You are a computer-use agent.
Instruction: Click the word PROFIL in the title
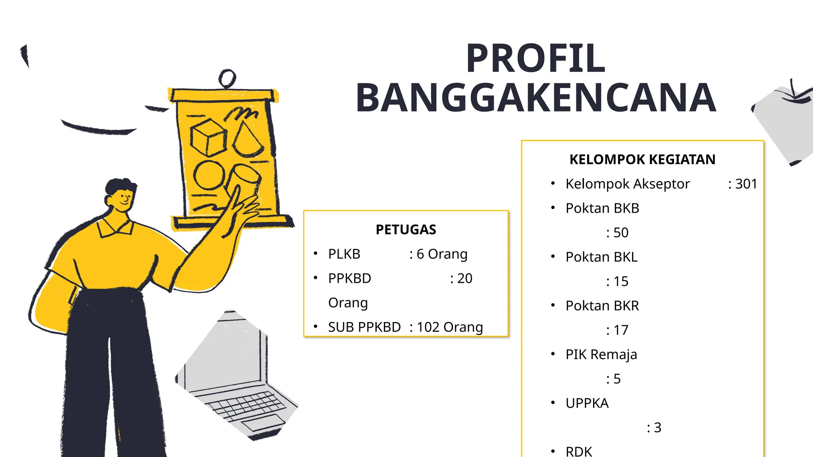(x=536, y=59)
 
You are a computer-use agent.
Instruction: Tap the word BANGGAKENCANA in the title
(x=536, y=98)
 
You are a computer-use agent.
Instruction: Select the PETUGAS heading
(x=406, y=230)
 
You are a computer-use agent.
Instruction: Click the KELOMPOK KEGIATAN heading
(x=642, y=159)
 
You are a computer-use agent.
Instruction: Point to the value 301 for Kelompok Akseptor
(x=746, y=184)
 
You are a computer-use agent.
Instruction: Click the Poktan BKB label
(x=602, y=208)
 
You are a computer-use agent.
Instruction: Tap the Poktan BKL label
(x=601, y=257)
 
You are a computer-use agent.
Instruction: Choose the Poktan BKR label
(x=602, y=306)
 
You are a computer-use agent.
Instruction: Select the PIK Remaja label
(x=601, y=355)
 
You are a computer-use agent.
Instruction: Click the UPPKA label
(x=587, y=403)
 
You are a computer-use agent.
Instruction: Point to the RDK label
(x=578, y=451)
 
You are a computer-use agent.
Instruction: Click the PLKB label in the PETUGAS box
(x=344, y=254)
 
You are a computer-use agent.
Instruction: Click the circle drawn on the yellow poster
(x=209, y=175)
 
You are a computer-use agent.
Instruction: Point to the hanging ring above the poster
(x=227, y=78)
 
